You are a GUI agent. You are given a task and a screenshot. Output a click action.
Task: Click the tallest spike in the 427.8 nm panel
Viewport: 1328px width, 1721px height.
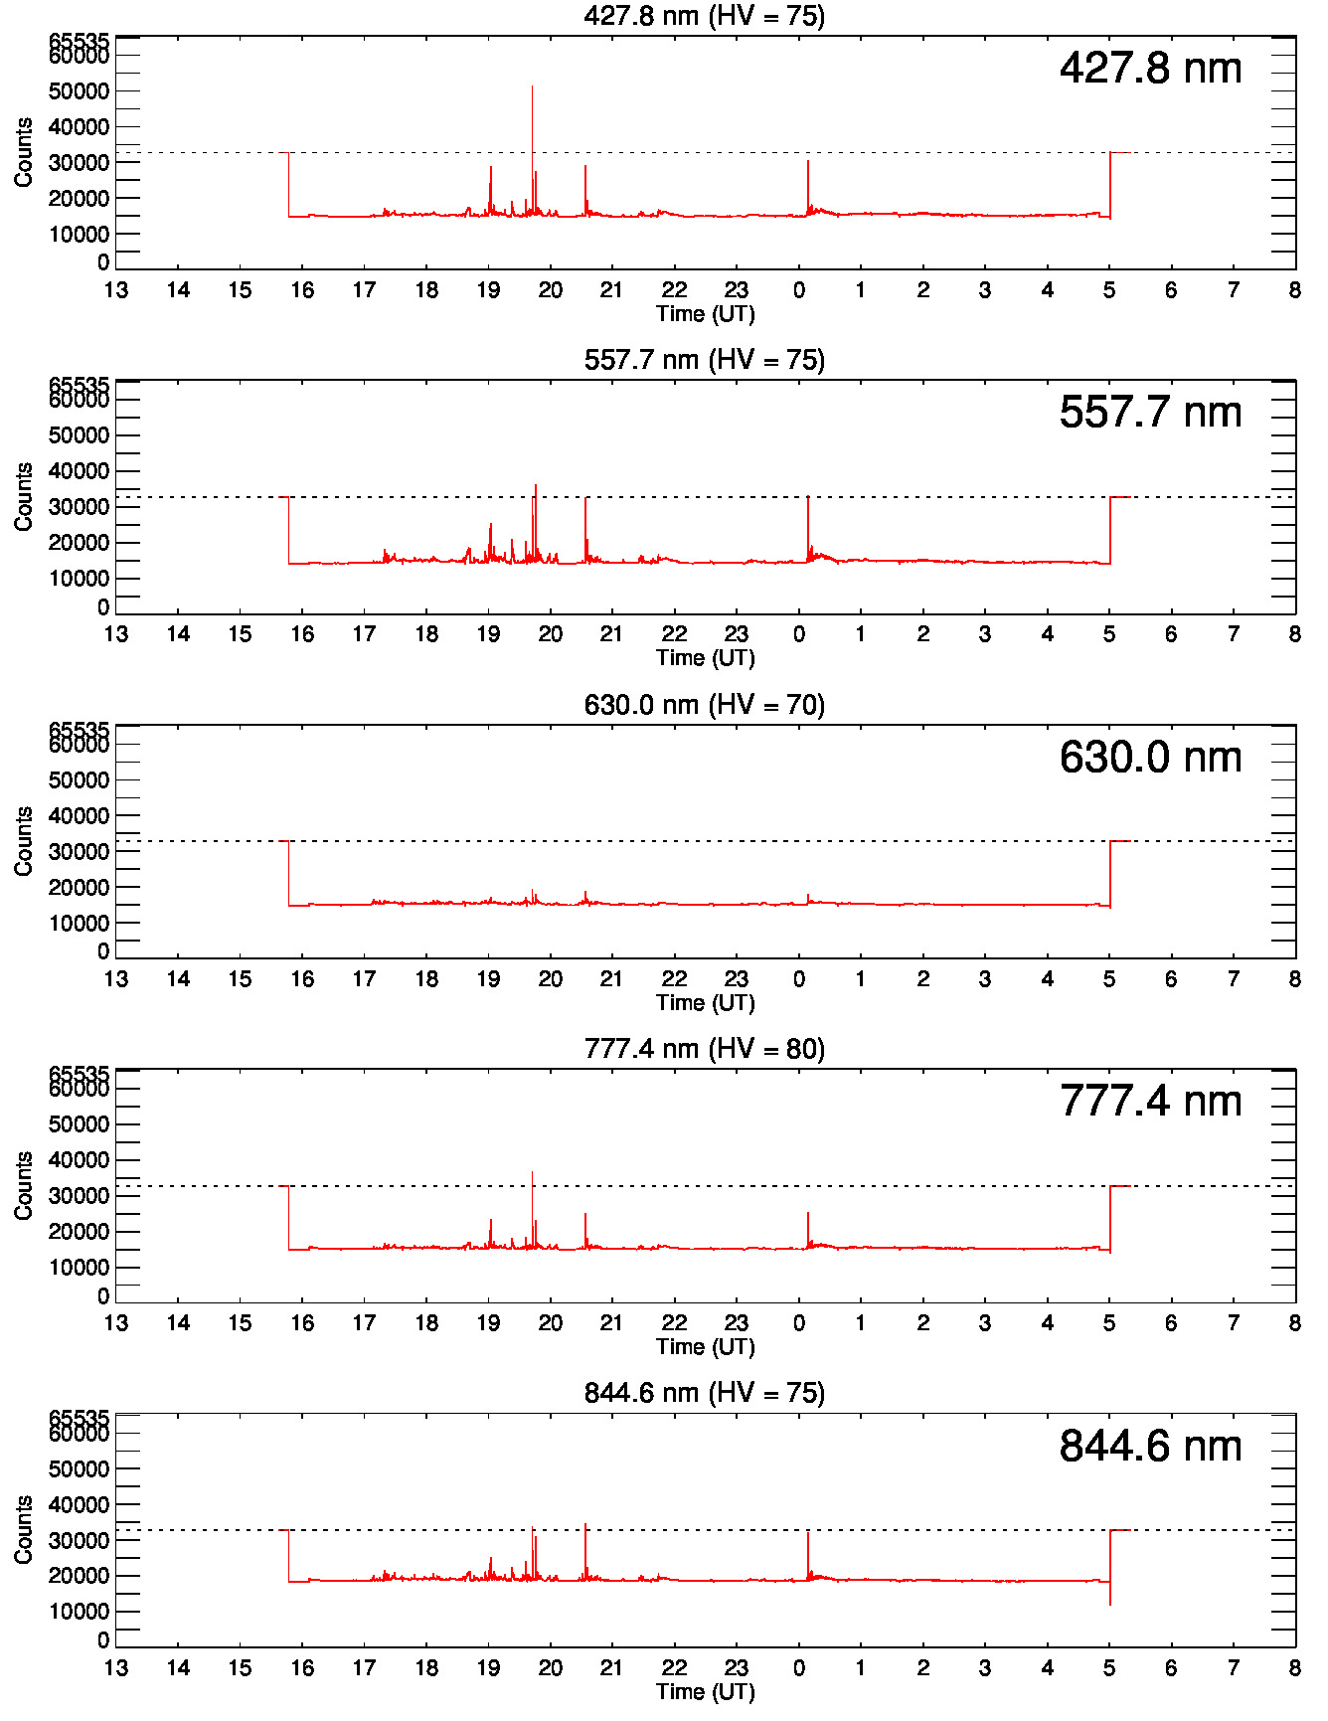point(532,89)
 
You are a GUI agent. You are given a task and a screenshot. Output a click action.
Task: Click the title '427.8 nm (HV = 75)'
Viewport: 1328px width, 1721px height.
point(704,16)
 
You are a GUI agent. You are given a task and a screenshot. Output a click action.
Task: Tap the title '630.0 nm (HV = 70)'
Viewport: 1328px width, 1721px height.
point(704,705)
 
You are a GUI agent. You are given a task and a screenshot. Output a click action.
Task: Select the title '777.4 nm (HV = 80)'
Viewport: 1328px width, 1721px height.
point(704,1049)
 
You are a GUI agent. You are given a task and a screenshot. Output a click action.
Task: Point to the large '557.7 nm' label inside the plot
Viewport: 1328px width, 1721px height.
point(1150,413)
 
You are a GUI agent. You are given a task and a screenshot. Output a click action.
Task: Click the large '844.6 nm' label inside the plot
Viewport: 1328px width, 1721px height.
point(1150,1447)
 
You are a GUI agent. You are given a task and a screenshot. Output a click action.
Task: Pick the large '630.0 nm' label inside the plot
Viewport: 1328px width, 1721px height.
point(1150,758)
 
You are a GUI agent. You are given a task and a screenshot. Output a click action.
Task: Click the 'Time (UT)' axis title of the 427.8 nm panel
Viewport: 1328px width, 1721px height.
point(705,314)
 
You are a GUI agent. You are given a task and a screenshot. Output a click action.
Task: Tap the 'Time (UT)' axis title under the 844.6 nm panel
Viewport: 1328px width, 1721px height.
point(705,1692)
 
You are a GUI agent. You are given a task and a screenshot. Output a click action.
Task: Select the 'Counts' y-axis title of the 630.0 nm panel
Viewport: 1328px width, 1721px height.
point(23,841)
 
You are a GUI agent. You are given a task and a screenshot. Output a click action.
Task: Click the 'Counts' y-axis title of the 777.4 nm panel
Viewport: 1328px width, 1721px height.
point(23,1185)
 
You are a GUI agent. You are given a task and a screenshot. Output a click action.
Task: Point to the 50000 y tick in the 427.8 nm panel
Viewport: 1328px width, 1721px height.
point(79,91)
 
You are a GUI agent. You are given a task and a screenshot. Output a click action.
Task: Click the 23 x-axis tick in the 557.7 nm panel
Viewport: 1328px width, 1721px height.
point(736,634)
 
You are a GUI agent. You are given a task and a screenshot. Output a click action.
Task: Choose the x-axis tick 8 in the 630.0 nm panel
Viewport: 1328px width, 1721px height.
point(1294,979)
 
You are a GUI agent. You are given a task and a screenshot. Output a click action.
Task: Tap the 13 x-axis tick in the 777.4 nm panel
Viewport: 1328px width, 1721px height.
point(116,1323)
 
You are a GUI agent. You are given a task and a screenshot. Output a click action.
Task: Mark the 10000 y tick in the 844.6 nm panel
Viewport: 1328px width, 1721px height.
point(79,1612)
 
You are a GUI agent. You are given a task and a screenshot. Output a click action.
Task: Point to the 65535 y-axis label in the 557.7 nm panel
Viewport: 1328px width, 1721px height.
point(79,385)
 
